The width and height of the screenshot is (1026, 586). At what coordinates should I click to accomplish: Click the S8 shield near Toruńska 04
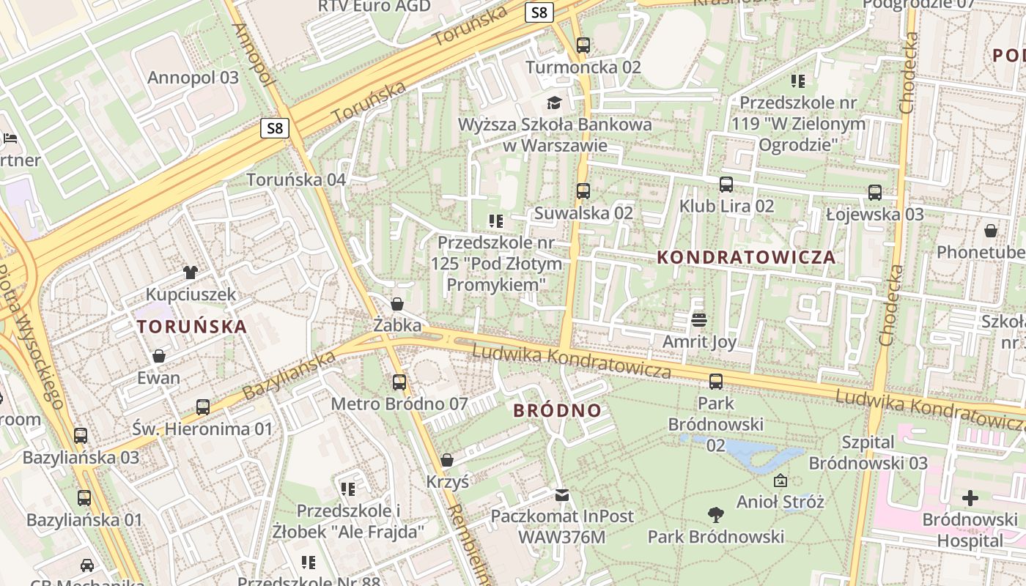(x=275, y=129)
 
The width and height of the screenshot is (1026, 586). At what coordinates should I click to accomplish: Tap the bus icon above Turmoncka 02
(x=583, y=45)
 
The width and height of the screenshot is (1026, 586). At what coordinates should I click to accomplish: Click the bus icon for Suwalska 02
(x=583, y=191)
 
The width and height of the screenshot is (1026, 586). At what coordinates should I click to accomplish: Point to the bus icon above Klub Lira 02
(x=726, y=184)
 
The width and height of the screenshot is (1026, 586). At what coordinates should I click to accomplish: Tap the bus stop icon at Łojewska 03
(x=874, y=193)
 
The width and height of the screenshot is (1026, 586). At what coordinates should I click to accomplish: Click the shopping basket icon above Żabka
(x=397, y=303)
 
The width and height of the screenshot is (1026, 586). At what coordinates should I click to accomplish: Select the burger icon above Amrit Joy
(x=698, y=319)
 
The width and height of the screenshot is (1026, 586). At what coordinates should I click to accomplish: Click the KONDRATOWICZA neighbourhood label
(x=746, y=257)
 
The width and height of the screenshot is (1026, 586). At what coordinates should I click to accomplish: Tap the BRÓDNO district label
(x=557, y=410)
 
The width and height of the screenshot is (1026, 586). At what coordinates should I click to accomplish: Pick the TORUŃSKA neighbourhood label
(x=192, y=327)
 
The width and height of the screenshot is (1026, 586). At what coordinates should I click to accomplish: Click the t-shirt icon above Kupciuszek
(x=191, y=272)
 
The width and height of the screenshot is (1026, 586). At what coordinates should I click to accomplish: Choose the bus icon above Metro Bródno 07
(x=399, y=382)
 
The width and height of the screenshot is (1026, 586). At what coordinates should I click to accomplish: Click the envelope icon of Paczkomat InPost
(x=561, y=495)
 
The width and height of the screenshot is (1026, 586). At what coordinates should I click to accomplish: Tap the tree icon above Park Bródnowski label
(x=715, y=514)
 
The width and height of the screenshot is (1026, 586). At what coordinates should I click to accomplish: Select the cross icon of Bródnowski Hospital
(x=970, y=499)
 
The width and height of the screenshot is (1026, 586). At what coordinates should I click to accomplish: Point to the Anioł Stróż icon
(x=780, y=481)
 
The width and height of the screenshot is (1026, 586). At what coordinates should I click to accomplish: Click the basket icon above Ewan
(x=158, y=356)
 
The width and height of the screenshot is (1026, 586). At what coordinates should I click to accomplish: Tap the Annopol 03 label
(x=193, y=78)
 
